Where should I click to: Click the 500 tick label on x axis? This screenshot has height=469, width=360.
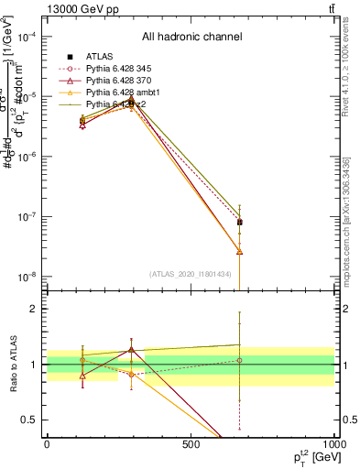coord(191,446)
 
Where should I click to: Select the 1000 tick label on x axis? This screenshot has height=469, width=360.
coord(333,446)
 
